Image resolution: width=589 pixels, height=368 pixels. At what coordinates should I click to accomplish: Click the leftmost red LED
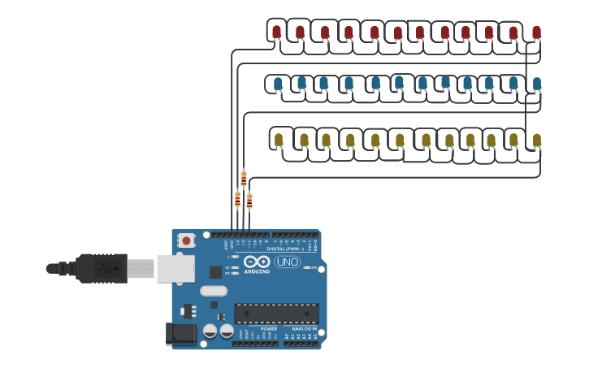click(276, 32)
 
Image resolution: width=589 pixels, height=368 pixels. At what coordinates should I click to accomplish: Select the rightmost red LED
click(536, 32)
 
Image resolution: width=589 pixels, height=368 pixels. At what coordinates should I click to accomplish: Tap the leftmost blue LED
click(278, 83)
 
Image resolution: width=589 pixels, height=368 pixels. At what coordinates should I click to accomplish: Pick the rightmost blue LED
click(536, 83)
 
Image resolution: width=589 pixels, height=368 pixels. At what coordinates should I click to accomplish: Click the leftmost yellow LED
click(279, 139)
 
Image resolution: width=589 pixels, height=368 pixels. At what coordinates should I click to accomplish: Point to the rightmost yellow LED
click(536, 140)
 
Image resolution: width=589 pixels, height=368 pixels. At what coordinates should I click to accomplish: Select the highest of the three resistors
click(244, 178)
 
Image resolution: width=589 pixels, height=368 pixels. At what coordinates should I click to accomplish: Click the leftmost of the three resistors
click(237, 199)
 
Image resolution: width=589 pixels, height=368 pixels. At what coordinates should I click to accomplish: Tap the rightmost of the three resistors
click(249, 200)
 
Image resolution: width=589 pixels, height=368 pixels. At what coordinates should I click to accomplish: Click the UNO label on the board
click(287, 262)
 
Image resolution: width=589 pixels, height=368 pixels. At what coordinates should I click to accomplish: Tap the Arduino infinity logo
click(258, 262)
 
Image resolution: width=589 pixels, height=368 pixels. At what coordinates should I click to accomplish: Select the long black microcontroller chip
click(276, 314)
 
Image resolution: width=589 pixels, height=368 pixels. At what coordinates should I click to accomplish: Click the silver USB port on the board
click(175, 268)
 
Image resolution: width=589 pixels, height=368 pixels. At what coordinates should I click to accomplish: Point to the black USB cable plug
click(102, 268)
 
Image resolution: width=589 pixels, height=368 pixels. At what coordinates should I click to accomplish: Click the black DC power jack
click(180, 333)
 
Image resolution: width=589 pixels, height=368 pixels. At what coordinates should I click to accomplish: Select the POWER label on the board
click(268, 329)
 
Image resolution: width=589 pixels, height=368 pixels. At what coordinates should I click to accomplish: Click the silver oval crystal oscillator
click(214, 291)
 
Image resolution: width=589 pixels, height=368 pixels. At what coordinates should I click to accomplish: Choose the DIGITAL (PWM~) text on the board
click(281, 249)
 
